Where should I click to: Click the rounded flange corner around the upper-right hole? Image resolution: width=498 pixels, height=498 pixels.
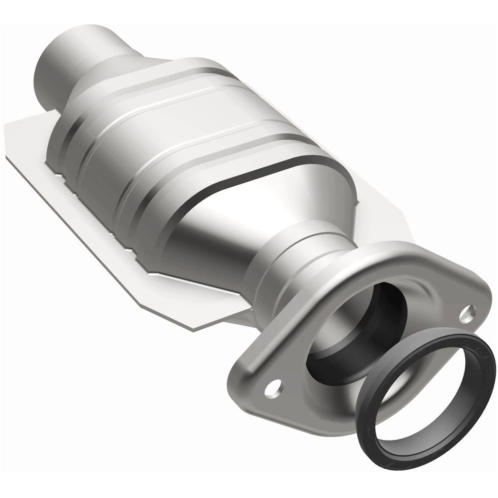click(479, 311)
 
